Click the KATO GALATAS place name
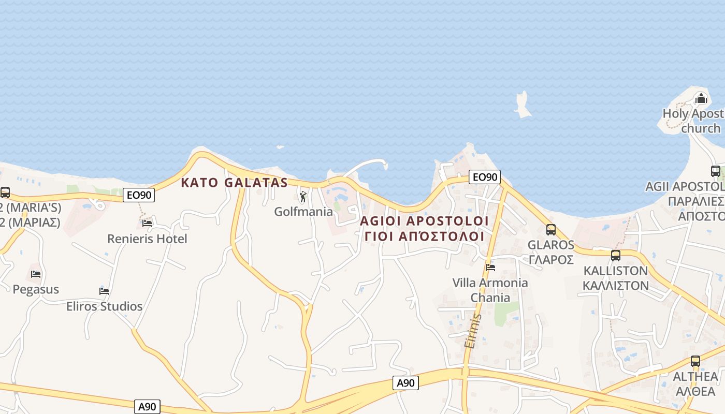234,183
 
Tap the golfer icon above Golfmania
303,197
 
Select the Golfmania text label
303,212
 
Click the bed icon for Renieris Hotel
147,224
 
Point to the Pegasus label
36,289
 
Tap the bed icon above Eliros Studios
104,291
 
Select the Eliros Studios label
104,306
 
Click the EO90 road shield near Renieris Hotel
139,195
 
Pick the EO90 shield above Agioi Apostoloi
485,177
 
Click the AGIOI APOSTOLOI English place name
424,221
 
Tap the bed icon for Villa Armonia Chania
490,268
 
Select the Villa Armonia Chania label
490,290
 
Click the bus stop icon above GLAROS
550,229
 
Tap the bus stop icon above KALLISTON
615,255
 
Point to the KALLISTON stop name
615,271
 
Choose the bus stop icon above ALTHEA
695,361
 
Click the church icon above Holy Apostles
701,98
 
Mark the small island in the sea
523,105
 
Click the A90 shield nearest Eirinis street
405,383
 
